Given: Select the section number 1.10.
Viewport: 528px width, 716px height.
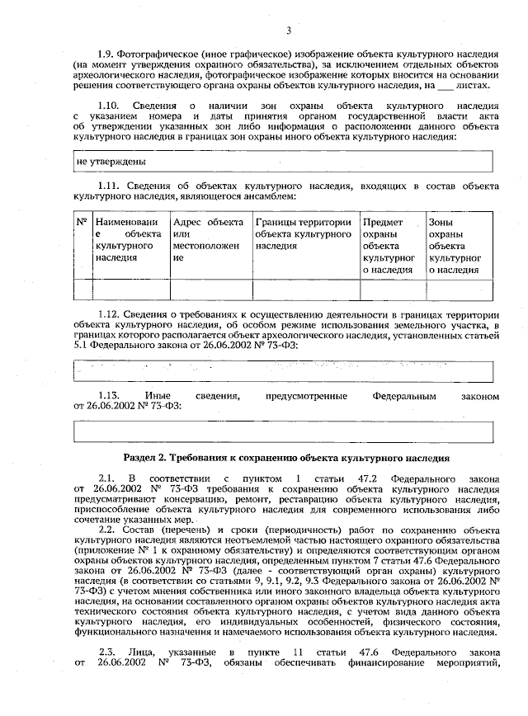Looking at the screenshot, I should (110, 106).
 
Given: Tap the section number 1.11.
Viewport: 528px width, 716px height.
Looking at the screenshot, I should (110, 188).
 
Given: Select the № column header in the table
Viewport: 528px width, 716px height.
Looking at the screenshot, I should (82, 223).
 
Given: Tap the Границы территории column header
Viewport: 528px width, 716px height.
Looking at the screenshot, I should (304, 228).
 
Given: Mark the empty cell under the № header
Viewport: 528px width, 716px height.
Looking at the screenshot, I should (82, 289).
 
